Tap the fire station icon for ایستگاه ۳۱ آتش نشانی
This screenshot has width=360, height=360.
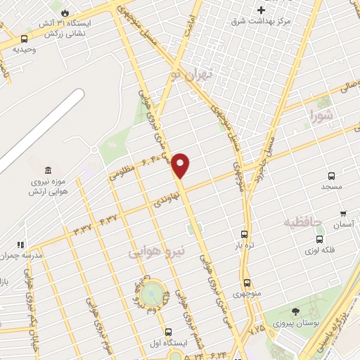[x=65, y=13]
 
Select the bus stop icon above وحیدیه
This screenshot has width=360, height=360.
[x=25, y=39]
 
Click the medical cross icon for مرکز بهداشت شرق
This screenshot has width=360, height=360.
[x=262, y=10]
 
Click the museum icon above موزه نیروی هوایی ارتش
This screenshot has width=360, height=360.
[x=48, y=171]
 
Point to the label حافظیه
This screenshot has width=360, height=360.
[x=302, y=222]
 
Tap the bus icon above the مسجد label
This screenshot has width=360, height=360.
[x=330, y=176]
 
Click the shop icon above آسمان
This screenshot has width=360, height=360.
[x=342, y=213]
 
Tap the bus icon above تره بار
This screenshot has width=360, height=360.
[x=245, y=235]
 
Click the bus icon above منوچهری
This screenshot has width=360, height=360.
[x=247, y=282]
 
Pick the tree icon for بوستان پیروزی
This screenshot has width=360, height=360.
[x=295, y=311]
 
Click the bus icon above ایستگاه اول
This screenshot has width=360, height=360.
[x=168, y=331]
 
